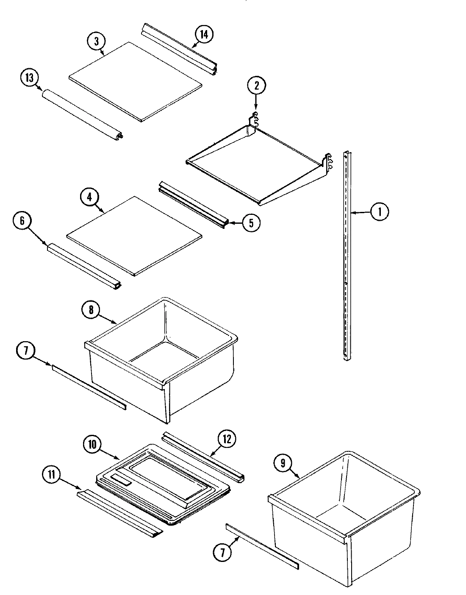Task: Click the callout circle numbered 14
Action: point(204,35)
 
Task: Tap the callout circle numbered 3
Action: point(97,42)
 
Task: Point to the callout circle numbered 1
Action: point(379,211)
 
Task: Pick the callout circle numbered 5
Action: point(251,223)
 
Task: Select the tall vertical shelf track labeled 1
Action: point(347,254)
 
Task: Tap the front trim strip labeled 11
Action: point(120,513)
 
